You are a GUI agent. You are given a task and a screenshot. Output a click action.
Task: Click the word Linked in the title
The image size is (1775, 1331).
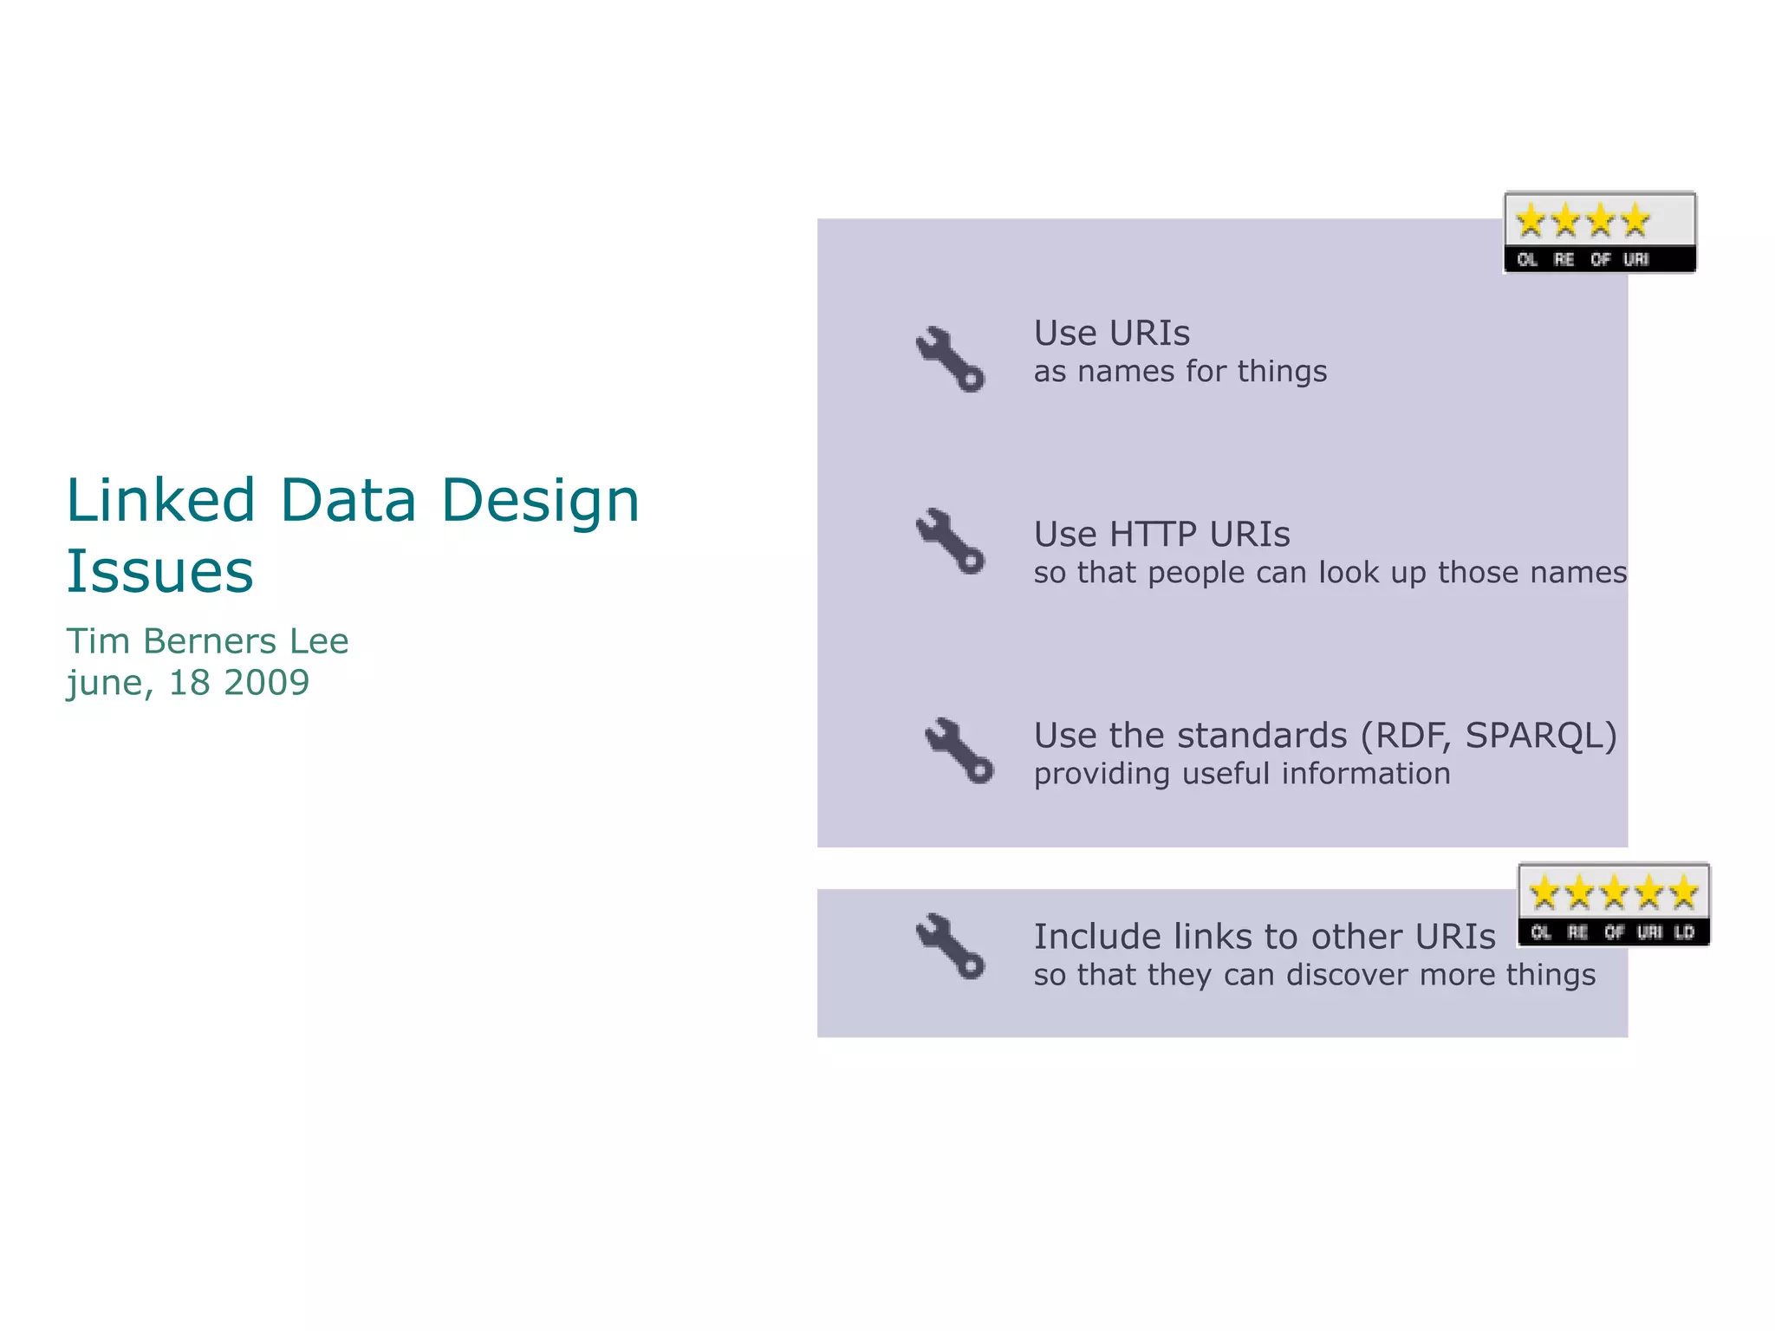click(160, 501)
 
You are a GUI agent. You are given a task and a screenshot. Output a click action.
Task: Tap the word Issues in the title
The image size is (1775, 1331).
click(160, 572)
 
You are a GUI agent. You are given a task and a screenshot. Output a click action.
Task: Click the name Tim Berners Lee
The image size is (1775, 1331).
click(207, 641)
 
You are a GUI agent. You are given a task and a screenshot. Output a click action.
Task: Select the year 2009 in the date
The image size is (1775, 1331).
click(266, 683)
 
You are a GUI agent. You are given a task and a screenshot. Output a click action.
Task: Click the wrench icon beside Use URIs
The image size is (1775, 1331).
click(950, 359)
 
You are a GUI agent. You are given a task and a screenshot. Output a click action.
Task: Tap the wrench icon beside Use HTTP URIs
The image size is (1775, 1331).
click(950, 541)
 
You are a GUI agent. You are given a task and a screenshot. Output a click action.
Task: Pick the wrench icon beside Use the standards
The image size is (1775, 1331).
click(959, 750)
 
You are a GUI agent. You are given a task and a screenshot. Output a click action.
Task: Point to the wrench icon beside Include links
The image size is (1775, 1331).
click(950, 946)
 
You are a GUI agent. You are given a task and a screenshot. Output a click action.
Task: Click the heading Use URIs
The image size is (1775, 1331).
click(1111, 333)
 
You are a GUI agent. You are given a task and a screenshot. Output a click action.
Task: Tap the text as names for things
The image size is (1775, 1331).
click(1180, 372)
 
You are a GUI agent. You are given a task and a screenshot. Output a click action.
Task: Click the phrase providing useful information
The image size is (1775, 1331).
click(1241, 774)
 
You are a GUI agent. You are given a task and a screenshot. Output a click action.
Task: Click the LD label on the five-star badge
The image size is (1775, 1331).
click(1684, 932)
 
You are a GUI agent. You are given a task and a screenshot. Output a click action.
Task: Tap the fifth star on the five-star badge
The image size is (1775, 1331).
click(1683, 893)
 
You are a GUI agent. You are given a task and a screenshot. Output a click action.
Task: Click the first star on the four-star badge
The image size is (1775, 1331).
click(1531, 220)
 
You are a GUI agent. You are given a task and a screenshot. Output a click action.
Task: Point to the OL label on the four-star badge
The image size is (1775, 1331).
click(1527, 259)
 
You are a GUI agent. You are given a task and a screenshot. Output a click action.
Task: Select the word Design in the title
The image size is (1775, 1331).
click(540, 501)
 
